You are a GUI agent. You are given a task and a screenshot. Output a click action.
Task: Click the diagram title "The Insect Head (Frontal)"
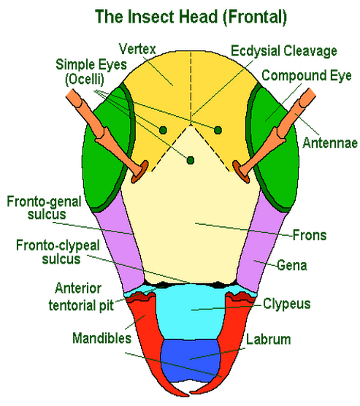tap(191, 17)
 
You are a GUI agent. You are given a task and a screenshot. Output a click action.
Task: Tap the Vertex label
tap(137, 49)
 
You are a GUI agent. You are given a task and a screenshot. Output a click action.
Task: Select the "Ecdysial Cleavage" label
tap(284, 51)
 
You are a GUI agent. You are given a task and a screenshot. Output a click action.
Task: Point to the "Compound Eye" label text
tap(307, 75)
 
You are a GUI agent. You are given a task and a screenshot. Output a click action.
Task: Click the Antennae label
tap(330, 142)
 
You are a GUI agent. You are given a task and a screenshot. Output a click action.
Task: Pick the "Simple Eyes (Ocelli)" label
tap(91, 72)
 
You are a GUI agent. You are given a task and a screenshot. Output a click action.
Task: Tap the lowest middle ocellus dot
tap(191, 160)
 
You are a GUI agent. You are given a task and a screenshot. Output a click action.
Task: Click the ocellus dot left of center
tap(163, 130)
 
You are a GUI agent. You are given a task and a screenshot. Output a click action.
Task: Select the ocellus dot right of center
tap(218, 130)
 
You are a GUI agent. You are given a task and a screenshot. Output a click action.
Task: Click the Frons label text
tap(310, 235)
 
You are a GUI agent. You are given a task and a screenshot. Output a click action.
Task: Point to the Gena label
tap(292, 265)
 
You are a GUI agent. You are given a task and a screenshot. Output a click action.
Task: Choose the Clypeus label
tap(287, 304)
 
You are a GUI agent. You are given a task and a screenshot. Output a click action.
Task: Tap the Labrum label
tap(268, 340)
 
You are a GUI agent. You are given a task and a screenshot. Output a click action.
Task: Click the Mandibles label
tap(102, 338)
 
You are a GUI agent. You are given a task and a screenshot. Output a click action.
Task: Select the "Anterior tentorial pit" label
tap(81, 296)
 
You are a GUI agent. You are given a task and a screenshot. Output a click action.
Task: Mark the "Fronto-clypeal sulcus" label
tap(58, 252)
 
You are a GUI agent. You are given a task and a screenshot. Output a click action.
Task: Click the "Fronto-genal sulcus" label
tap(45, 208)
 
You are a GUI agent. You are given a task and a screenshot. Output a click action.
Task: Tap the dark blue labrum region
tap(191, 360)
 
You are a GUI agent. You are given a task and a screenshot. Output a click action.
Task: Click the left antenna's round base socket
tap(140, 172)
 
